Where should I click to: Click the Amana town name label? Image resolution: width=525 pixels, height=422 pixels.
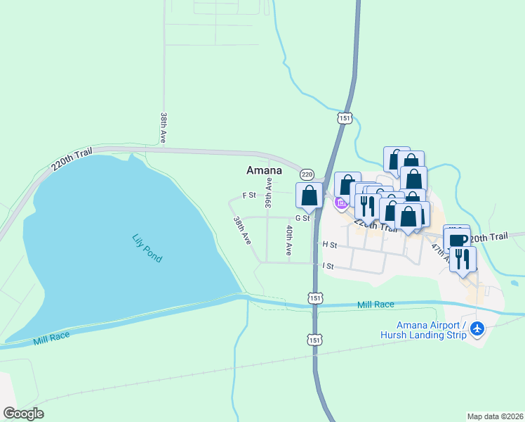(264, 170)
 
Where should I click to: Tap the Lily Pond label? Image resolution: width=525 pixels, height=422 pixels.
(147, 248)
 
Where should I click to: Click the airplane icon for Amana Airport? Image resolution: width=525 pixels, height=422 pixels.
(477, 328)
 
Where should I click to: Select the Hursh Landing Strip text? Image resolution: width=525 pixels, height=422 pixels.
(432, 335)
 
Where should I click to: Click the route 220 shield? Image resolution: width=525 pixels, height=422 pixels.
(306, 174)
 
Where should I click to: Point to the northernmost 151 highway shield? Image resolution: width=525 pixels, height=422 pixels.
(344, 119)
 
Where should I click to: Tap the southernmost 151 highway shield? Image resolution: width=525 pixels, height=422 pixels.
(315, 340)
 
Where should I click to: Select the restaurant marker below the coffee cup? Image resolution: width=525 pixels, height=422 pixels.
(463, 260)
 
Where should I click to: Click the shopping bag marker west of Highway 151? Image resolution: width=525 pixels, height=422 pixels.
(309, 197)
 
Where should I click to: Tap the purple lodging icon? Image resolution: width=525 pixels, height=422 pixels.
(341, 204)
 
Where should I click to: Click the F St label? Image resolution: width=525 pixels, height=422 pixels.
(248, 195)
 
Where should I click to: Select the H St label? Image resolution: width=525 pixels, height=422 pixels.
(330, 245)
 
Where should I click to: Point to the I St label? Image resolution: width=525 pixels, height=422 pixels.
(327, 267)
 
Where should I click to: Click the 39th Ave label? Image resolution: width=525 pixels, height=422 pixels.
(268, 193)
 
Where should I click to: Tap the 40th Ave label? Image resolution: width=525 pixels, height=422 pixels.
(288, 240)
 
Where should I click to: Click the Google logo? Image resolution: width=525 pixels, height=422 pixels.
(23, 413)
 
